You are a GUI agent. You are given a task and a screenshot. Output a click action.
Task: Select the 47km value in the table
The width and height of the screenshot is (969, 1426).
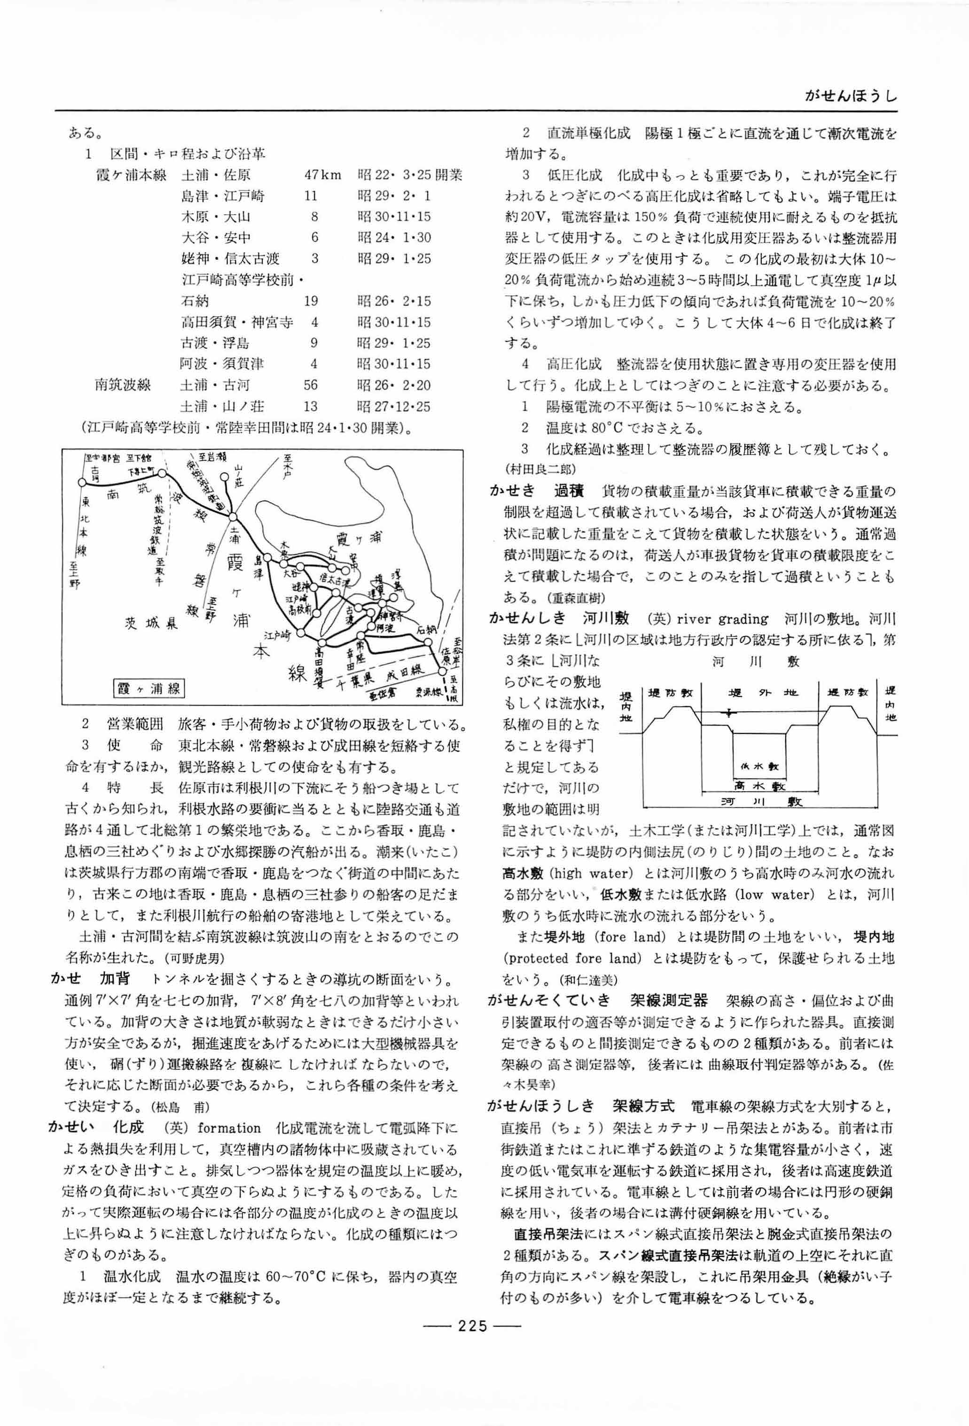(322, 175)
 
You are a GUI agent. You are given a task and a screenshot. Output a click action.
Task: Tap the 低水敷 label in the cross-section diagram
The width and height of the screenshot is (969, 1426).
(760, 766)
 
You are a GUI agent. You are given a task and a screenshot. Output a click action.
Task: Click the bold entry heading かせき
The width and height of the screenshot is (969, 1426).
(512, 491)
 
